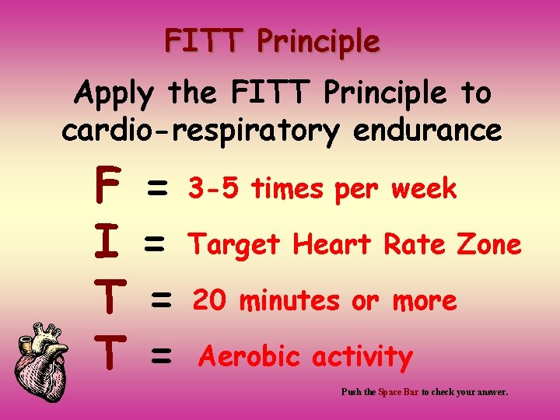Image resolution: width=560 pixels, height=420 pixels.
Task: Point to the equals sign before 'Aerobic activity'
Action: point(161,357)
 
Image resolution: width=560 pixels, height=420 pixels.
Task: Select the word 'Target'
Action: point(235,245)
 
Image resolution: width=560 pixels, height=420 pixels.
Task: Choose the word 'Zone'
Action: point(489,244)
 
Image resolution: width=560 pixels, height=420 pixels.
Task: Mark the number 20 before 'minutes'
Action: point(212,299)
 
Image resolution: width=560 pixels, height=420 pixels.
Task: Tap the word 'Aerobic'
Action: point(250,357)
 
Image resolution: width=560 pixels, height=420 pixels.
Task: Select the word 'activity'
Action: point(362,358)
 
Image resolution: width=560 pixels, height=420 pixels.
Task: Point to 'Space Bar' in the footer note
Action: point(397,393)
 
